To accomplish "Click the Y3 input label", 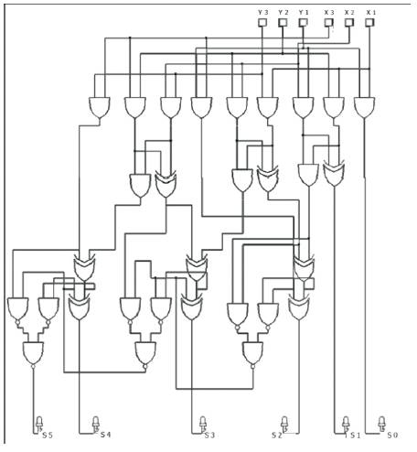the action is tap(262, 13).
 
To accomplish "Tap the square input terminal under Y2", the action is tap(283, 22).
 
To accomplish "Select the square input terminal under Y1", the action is tap(303, 22).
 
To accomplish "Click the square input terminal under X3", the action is tap(328, 22).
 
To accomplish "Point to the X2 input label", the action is tap(349, 13).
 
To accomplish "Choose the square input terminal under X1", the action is tap(369, 22).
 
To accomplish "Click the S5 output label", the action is tap(48, 436).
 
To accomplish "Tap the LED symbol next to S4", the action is tap(95, 424).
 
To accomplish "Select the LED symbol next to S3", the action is tap(203, 424).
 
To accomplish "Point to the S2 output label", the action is tap(277, 436).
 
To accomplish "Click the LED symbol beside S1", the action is tap(346, 424).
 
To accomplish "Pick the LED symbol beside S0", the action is tap(381, 424).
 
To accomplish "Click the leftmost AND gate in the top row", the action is tap(100, 108).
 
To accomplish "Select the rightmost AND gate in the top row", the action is tap(365, 108).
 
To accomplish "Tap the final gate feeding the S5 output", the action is tap(33, 353).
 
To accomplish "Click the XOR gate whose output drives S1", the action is tap(334, 175).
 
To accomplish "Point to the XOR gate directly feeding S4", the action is tap(79, 307).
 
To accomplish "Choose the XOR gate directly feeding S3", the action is tap(191, 307).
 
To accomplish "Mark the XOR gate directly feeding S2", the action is tap(299, 307).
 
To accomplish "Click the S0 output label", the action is tap(392, 436).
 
